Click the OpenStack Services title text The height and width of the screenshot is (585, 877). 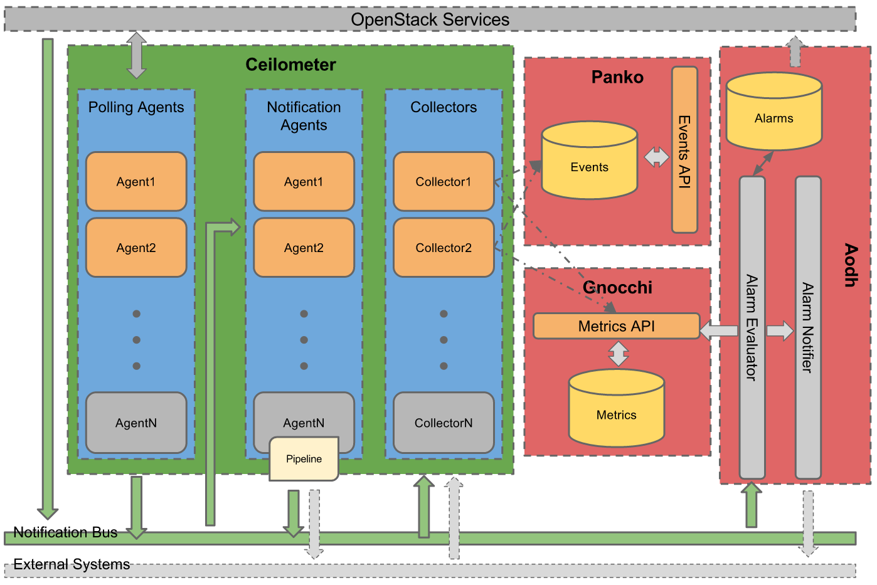(430, 19)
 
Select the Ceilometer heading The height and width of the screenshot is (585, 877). (290, 65)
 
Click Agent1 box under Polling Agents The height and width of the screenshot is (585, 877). (136, 182)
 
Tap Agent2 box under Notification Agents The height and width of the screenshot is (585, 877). (304, 248)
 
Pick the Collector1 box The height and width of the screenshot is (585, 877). (444, 182)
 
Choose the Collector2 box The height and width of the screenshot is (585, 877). (444, 248)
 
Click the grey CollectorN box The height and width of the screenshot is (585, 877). (444, 423)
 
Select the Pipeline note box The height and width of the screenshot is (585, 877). (304, 460)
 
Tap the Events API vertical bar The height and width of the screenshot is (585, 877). (684, 150)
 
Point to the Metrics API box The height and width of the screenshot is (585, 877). (616, 326)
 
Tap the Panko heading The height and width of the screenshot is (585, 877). (617, 77)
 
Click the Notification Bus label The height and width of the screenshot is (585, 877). (65, 532)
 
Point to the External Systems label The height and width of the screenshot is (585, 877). (72, 564)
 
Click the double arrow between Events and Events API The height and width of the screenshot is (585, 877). (656, 157)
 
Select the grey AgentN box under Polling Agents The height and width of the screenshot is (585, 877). (136, 423)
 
